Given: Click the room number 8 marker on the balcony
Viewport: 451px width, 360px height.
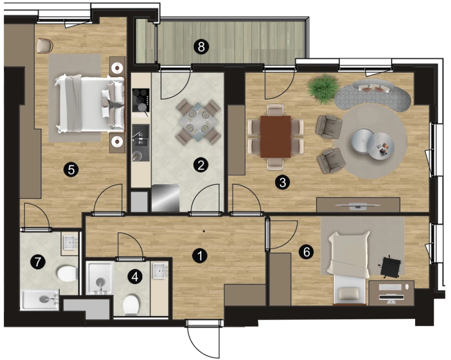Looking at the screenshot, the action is point(201,46).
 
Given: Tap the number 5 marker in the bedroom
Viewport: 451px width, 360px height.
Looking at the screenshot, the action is point(71,170).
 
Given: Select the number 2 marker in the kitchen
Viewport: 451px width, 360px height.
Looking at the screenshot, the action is point(201,165).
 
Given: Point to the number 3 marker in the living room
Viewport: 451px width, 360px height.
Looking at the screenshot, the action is point(282,182).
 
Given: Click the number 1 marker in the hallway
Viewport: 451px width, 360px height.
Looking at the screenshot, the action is point(200,255).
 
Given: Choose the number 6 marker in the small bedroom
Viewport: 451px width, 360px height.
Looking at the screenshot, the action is point(306,252).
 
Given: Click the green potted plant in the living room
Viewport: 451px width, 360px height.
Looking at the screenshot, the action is point(322,89).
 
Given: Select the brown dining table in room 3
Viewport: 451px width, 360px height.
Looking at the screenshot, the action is point(276,137).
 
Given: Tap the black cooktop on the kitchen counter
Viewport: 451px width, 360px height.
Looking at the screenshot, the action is point(141,100).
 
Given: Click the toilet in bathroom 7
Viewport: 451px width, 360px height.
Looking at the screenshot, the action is point(67,273).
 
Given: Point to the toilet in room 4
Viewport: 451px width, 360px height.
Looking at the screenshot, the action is point(131,305).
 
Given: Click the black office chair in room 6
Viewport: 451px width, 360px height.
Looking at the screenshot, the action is point(391,266).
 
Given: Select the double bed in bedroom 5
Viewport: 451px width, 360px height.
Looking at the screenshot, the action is point(90,104).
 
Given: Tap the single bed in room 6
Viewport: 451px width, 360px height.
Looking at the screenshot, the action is point(348,267).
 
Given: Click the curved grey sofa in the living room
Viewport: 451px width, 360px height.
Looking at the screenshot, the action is point(374,94).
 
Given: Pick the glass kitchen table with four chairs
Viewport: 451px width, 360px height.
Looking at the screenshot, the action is point(198,122).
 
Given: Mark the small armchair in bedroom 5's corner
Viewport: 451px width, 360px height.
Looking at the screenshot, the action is point(45,46).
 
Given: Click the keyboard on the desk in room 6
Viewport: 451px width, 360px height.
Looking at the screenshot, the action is point(390,287).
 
